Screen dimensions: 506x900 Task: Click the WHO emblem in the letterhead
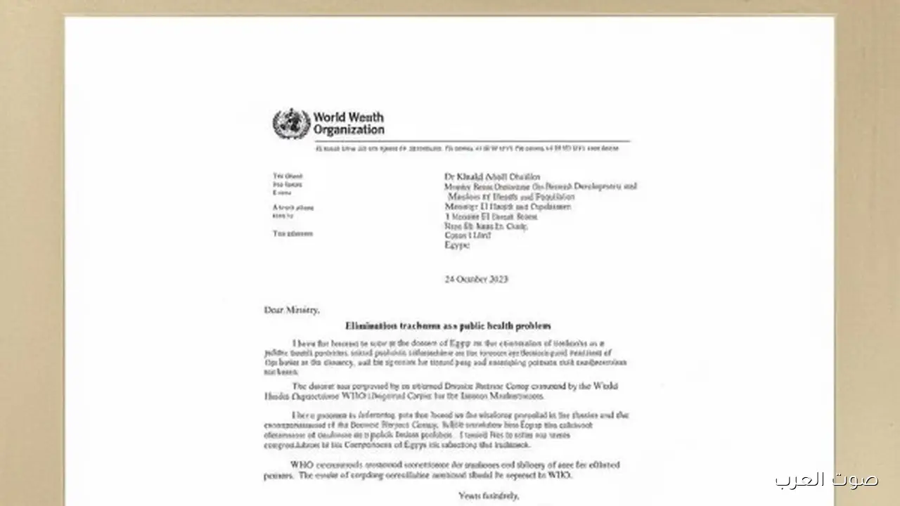(290, 124)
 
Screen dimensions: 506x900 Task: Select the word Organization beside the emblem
(349, 130)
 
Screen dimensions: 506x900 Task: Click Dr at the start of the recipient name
(449, 176)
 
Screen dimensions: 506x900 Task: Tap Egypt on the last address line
(457, 246)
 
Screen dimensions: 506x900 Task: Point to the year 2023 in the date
(497, 279)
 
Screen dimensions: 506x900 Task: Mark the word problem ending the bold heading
(534, 326)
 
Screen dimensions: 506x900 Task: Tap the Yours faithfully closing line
(489, 496)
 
